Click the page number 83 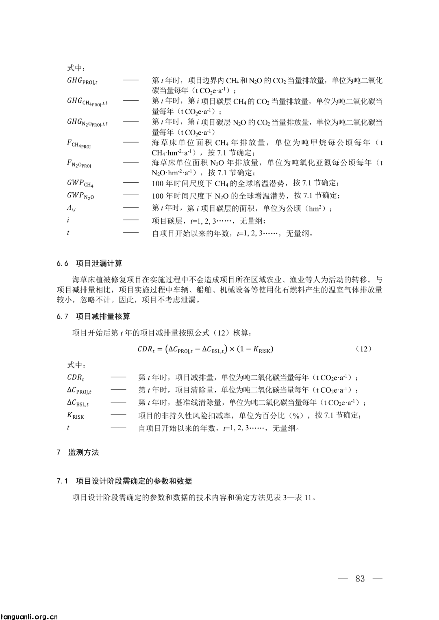360,579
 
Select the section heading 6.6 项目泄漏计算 89,263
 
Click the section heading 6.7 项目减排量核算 93,316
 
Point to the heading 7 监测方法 78,452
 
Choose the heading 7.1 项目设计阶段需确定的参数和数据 124,481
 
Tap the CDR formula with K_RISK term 205,349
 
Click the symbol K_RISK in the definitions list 76,415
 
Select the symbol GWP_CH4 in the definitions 80,183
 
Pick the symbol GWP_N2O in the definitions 80,196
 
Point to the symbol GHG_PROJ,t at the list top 82,81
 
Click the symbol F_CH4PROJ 79,144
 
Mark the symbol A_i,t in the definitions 71,209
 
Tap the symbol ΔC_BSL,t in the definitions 78,403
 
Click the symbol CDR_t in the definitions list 76,377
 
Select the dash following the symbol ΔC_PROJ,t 118,390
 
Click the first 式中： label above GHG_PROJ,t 76,68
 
